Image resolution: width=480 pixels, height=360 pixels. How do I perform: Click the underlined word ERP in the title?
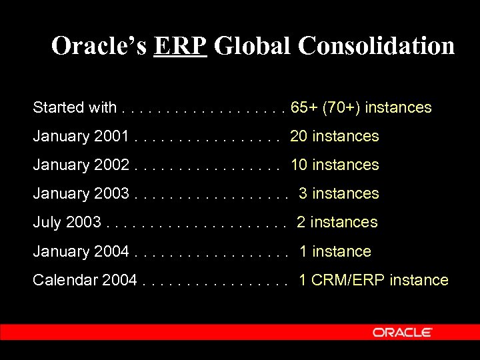180,46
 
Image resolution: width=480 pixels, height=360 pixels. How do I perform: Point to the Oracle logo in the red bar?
403,332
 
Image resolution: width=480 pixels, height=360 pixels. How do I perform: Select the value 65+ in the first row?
304,107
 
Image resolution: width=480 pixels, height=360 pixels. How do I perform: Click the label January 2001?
81,136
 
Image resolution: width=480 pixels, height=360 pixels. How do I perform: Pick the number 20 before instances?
298,136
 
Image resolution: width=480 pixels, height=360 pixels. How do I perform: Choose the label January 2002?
81,165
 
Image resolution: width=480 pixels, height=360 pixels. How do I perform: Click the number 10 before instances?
298,165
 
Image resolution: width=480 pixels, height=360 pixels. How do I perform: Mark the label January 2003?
81,193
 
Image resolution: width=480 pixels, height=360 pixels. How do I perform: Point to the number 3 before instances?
303,193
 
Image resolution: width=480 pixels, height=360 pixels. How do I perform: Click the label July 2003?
67,222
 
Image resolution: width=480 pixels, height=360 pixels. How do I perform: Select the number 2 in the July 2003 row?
301,222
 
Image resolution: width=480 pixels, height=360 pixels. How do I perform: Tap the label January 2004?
81,251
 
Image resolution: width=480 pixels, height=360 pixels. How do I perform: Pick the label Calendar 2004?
85,280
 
